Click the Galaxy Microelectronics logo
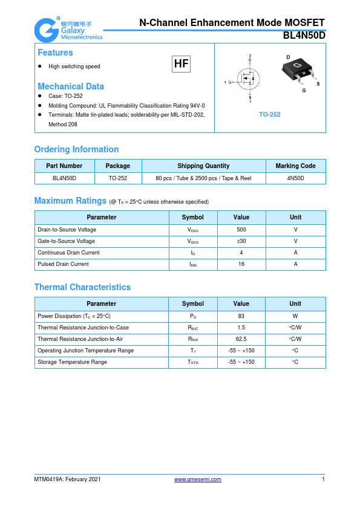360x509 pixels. [68, 29]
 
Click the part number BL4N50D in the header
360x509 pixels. [304, 36]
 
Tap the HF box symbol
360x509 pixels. [181, 64]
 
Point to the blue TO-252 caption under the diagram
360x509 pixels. [270, 114]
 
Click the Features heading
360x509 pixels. [55, 53]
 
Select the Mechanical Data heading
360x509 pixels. [70, 86]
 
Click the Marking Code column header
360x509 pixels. [295, 166]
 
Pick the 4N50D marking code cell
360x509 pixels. [295, 178]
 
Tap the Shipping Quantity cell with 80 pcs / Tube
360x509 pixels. [203, 178]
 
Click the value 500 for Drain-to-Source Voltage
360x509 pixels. [241, 230]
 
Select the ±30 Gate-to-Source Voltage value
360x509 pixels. [241, 241]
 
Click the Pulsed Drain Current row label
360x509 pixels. [63, 264]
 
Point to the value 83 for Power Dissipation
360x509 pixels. [241, 316]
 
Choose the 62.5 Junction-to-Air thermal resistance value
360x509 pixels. [241, 339]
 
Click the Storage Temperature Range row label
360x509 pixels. [72, 362]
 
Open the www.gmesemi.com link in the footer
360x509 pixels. [197, 479]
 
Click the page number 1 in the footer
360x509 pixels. [324, 479]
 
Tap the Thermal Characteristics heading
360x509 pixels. [82, 287]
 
